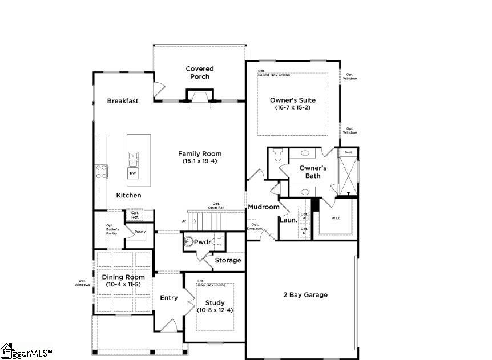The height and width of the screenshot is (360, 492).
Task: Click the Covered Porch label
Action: click(200, 72)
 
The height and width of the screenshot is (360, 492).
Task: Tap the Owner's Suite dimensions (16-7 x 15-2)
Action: click(292, 108)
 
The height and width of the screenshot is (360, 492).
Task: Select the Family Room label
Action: click(200, 153)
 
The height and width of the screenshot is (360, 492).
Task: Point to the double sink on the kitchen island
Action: click(132, 158)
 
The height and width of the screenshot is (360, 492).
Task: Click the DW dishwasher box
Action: click(132, 173)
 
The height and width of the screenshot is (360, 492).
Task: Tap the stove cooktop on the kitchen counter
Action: click(101, 172)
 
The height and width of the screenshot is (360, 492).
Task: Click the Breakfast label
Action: click(123, 101)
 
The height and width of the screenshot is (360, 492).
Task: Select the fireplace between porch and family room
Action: click(200, 98)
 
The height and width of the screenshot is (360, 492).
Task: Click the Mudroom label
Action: click(263, 207)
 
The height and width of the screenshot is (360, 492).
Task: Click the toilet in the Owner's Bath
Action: click(278, 155)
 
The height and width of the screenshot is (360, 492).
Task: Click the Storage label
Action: click(228, 260)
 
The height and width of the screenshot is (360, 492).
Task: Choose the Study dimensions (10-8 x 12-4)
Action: click(215, 310)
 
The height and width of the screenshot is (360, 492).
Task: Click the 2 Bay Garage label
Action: click(305, 295)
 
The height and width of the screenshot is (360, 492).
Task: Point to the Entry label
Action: click(169, 298)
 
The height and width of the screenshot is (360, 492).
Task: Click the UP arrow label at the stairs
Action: click(183, 221)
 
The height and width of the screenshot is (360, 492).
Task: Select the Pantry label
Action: click(140, 232)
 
